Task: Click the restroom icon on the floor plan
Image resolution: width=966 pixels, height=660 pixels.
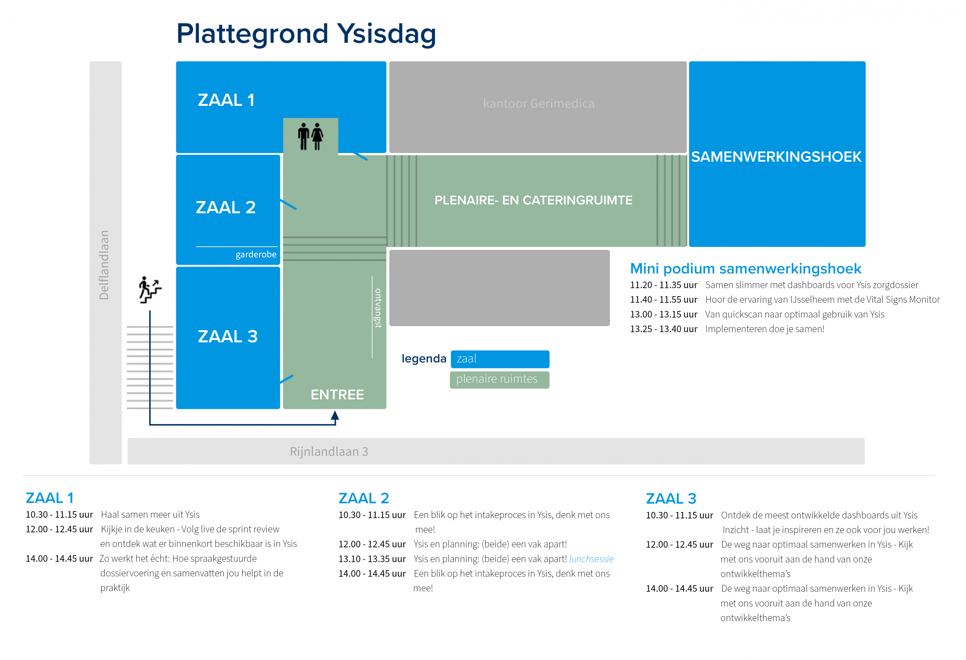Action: coord(311,136)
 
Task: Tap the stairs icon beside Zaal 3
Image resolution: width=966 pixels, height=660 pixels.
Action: coord(150,290)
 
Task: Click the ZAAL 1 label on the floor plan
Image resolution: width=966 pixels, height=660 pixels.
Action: coord(226,100)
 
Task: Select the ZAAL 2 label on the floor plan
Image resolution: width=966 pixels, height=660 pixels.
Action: coord(226,207)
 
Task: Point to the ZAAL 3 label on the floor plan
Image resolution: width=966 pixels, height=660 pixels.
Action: coord(228,336)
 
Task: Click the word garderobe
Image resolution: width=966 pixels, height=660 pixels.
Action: coord(255,254)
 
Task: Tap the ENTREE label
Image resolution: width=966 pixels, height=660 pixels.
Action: coord(337,394)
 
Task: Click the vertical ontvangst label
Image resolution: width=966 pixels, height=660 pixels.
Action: coord(378,308)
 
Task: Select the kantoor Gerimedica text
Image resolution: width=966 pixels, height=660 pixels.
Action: coord(538,103)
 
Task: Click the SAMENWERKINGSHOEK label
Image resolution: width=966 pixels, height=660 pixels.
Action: coord(776,157)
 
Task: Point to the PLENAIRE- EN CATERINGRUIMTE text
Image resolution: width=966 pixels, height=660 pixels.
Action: coord(533,200)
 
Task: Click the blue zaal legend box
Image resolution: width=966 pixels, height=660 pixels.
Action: coord(500,359)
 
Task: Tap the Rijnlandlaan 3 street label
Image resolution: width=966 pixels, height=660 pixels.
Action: coord(329,451)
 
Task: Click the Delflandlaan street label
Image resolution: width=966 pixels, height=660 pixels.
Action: coord(104,265)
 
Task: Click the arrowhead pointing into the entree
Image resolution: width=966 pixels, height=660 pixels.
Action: coord(335,416)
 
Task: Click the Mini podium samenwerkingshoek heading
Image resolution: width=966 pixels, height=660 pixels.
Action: coord(745,269)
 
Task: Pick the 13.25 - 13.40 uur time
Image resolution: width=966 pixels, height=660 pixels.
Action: coord(663,329)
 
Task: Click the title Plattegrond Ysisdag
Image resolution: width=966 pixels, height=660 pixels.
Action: coord(306,34)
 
